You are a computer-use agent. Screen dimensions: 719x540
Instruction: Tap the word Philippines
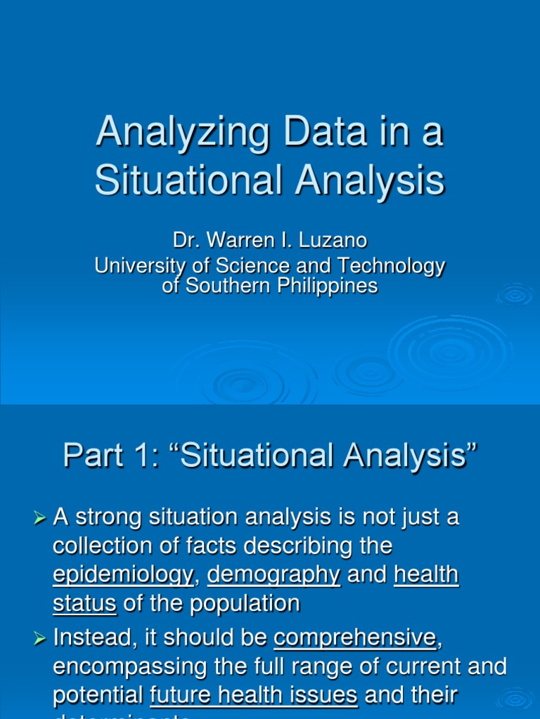click(x=330, y=286)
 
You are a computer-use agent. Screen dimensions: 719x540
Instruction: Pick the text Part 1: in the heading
click(x=107, y=456)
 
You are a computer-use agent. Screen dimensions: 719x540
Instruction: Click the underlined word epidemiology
click(x=122, y=574)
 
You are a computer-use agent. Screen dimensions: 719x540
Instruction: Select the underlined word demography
click(x=274, y=574)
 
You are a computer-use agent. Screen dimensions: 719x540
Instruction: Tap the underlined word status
click(x=84, y=603)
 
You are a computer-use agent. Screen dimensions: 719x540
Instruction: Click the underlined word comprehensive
click(x=355, y=638)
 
